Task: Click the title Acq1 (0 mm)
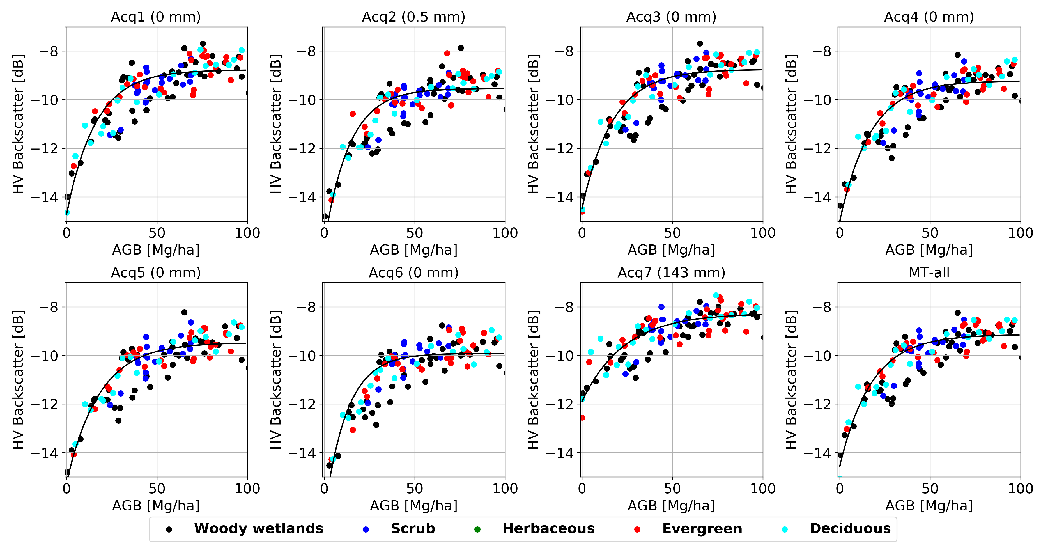[156, 17]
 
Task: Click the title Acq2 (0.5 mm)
[413, 17]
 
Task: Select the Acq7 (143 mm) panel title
[671, 273]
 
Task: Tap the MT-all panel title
[929, 273]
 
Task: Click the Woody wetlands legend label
[259, 529]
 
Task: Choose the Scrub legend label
[413, 529]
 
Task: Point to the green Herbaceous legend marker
[477, 530]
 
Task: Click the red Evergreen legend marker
[637, 530]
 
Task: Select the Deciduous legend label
[850, 529]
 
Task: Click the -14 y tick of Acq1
[44, 197]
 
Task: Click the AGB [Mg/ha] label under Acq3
[671, 250]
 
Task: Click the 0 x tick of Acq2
[324, 233]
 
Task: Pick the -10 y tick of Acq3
[560, 100]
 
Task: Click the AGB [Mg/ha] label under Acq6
[413, 506]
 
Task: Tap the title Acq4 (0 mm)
[929, 17]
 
